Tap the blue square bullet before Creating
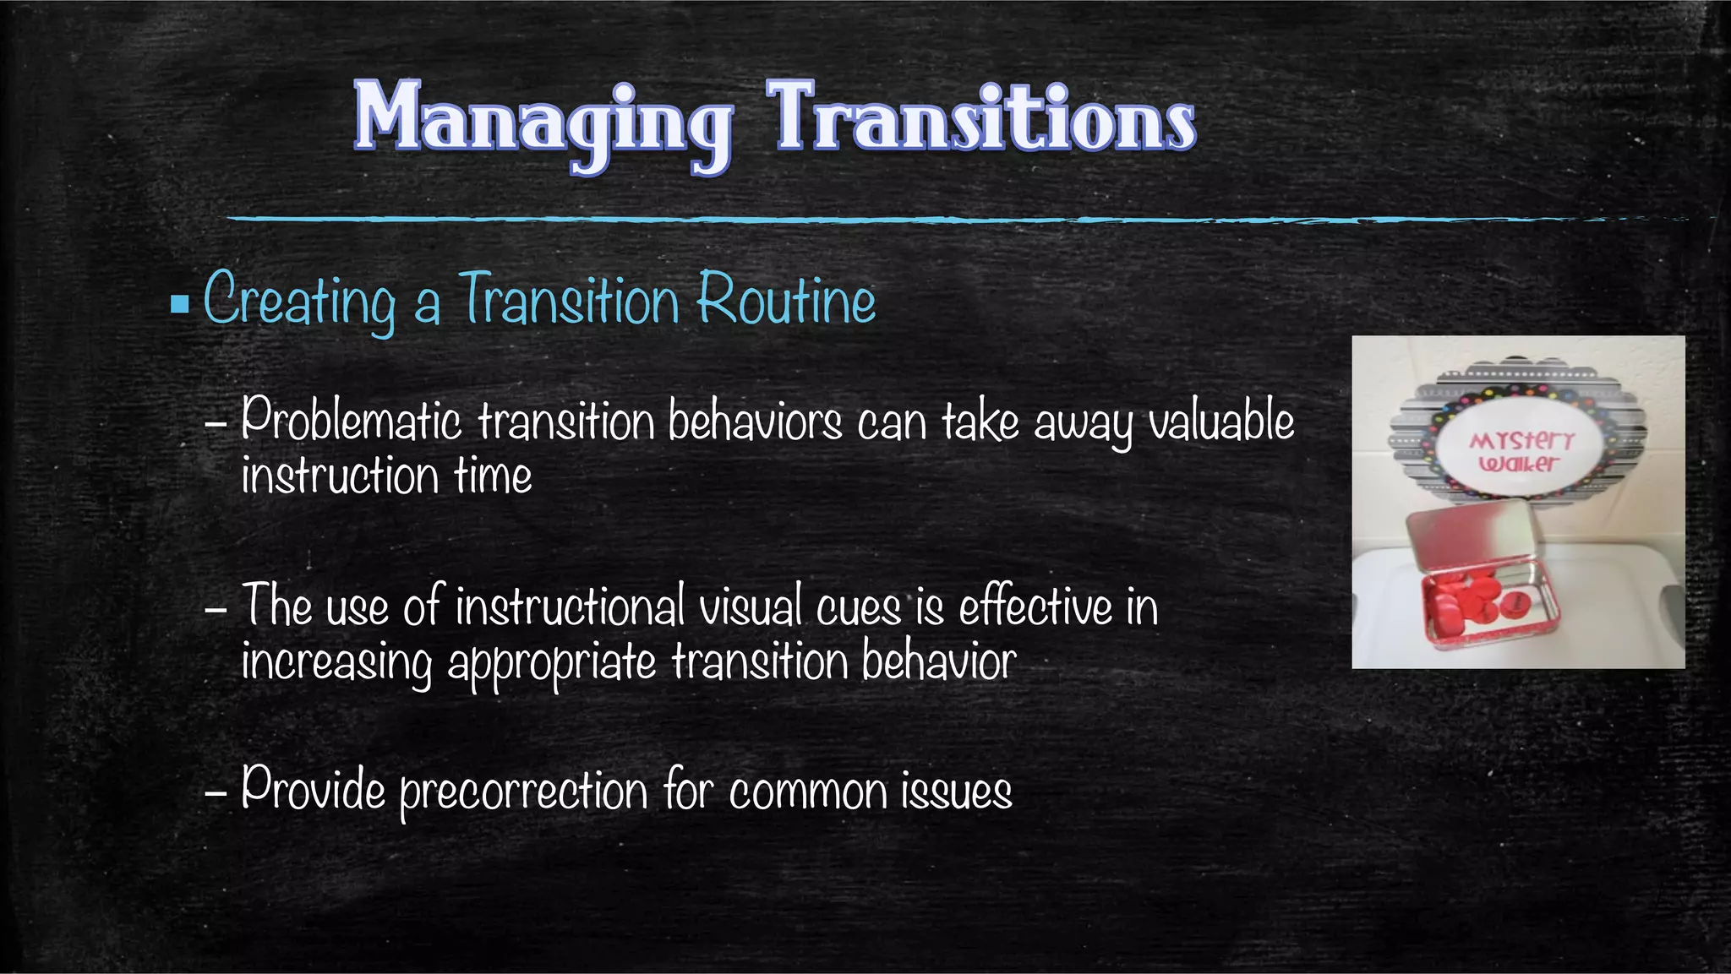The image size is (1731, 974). (179, 302)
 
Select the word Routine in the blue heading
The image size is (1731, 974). (787, 300)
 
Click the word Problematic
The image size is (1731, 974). (351, 420)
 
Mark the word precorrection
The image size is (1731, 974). (524, 792)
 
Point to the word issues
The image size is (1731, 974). (956, 792)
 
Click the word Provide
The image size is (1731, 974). (313, 790)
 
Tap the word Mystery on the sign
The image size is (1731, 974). (1521, 440)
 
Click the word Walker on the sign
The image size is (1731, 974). (1519, 463)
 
